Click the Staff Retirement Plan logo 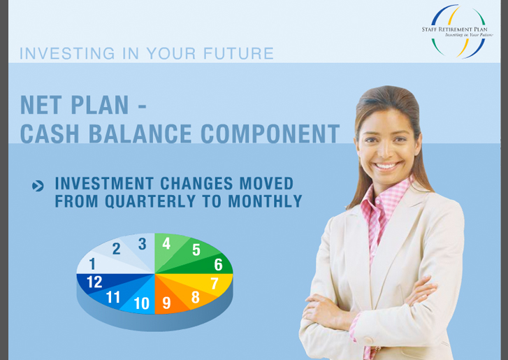pyautogui.click(x=457, y=31)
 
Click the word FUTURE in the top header pyautogui.click(x=238, y=53)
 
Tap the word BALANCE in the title pyautogui.click(x=140, y=134)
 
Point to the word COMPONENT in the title pyautogui.click(x=270, y=134)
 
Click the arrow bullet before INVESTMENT pyautogui.click(x=38, y=186)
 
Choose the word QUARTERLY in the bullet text pyautogui.click(x=150, y=201)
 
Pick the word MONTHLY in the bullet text pyautogui.click(x=265, y=201)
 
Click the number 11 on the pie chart pyautogui.click(x=113, y=298)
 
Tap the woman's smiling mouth pyautogui.click(x=386, y=166)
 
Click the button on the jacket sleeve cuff pyautogui.click(x=368, y=340)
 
